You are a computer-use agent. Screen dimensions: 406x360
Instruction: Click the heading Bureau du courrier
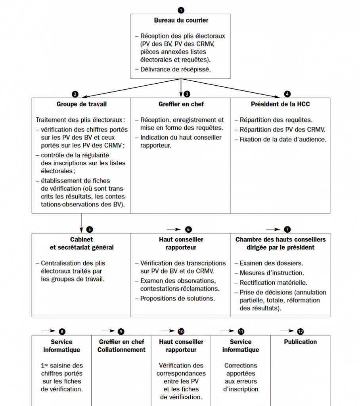(x=181, y=20)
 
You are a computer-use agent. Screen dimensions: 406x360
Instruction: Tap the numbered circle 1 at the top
(x=181, y=10)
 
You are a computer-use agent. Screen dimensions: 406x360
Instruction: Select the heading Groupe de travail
(x=81, y=104)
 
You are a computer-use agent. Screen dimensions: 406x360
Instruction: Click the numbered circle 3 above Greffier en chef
(x=187, y=94)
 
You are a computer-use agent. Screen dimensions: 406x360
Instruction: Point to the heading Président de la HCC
(x=280, y=104)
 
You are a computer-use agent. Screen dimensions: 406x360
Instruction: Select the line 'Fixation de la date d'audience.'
(x=283, y=139)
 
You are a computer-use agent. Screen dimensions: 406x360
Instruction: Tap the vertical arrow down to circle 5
(x=81, y=222)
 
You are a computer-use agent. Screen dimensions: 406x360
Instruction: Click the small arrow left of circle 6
(x=173, y=229)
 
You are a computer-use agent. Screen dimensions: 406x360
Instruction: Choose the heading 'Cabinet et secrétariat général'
(x=81, y=243)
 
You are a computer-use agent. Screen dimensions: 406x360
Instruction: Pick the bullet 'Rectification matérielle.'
(x=273, y=283)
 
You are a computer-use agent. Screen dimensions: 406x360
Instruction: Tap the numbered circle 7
(x=287, y=229)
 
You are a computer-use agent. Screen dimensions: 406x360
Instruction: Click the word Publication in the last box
(x=300, y=342)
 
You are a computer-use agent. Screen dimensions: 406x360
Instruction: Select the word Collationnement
(x=121, y=350)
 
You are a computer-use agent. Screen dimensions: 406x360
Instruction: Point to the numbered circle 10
(x=181, y=331)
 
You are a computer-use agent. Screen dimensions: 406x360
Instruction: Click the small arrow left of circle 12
(x=287, y=331)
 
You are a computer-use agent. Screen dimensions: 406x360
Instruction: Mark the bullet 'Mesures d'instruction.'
(x=272, y=273)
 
